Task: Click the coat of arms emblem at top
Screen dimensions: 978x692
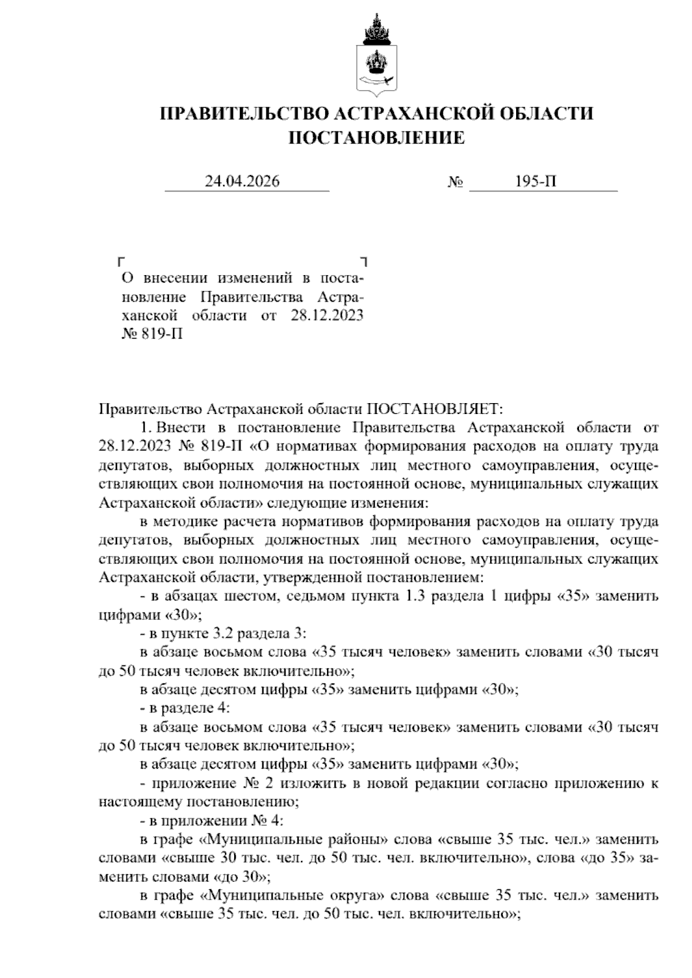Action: coord(375,55)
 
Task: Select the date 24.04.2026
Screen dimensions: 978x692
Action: coord(242,182)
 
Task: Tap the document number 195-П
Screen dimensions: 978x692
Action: coord(536,182)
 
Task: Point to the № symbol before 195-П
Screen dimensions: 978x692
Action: coord(456,183)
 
